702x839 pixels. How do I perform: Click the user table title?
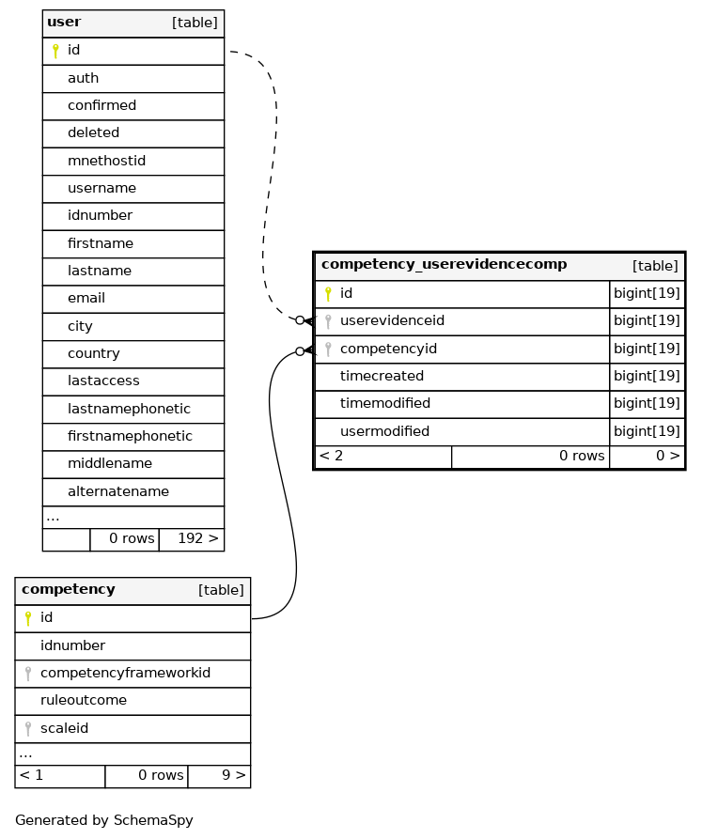pyautogui.click(x=64, y=22)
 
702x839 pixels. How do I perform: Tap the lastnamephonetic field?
pyautogui.click(x=129, y=409)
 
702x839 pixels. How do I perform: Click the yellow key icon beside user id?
pyautogui.click(x=55, y=51)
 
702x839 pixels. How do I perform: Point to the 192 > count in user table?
pyautogui.click(x=198, y=538)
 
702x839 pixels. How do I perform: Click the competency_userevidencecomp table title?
pyautogui.click(x=445, y=264)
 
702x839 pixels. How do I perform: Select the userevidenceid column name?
pyautogui.click(x=392, y=320)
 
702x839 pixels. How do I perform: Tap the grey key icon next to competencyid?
pyautogui.click(x=328, y=350)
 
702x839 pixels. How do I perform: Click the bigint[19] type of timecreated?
pyautogui.click(x=647, y=376)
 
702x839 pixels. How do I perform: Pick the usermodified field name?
pyautogui.click(x=384, y=431)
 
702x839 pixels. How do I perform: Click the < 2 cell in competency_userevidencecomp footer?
pyautogui.click(x=331, y=456)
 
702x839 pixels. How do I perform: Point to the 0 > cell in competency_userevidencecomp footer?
pyautogui.click(x=668, y=456)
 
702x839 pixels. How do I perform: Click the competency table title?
pyautogui.click(x=69, y=589)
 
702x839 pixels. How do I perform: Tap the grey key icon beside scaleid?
pyautogui.click(x=28, y=729)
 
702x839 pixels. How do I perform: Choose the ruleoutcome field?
pyautogui.click(x=84, y=700)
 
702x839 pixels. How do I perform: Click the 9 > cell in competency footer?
pyautogui.click(x=234, y=775)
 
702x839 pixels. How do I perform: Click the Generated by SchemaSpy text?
pyautogui.click(x=103, y=820)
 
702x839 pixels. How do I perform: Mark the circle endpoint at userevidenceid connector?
pyautogui.click(x=300, y=320)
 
